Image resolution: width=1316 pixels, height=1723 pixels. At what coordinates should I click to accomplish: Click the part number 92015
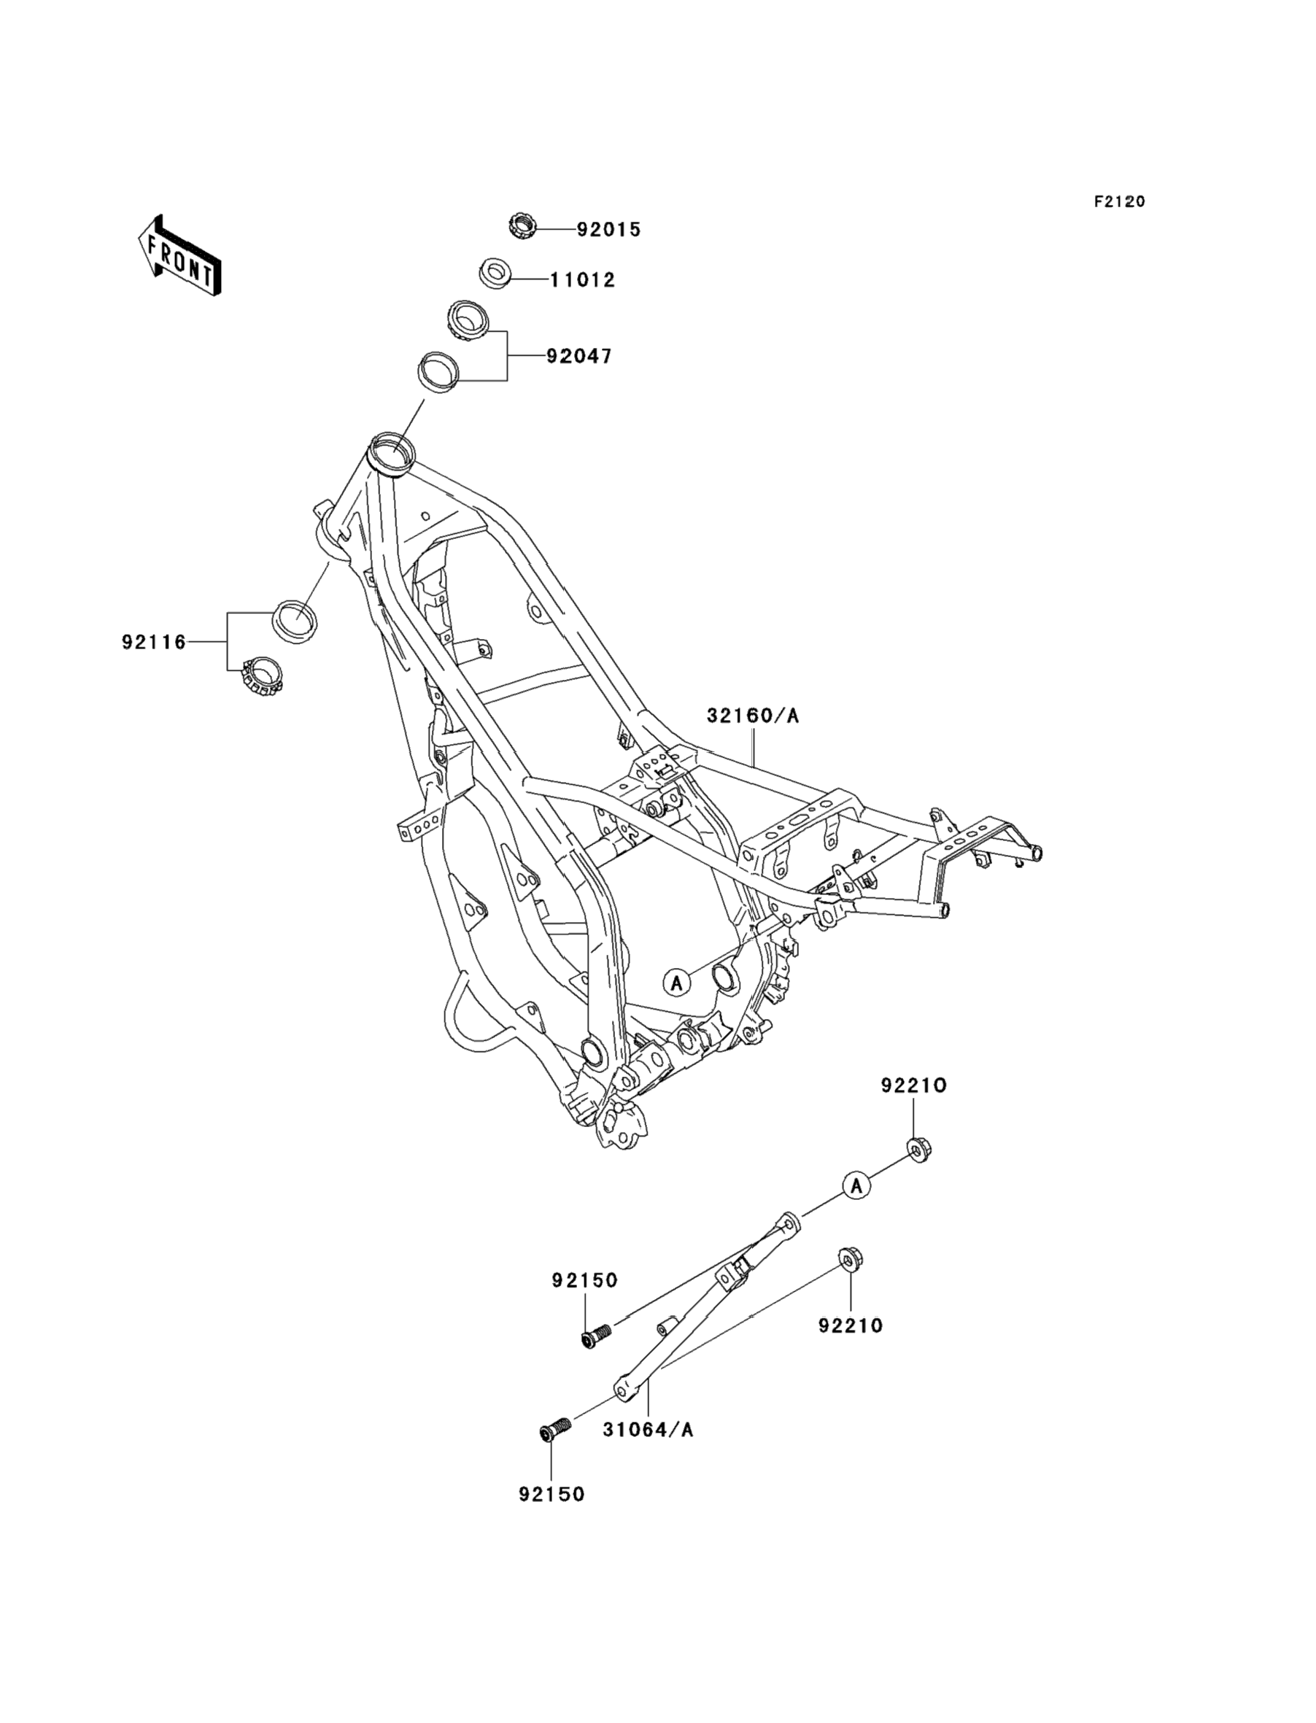coord(608,230)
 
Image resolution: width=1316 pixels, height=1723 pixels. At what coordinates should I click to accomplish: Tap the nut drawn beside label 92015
coord(521,226)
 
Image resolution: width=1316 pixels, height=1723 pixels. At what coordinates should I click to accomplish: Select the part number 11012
coord(582,279)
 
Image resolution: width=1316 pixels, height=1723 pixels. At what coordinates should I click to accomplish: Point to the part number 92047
coord(579,357)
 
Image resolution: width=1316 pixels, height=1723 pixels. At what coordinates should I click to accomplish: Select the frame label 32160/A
coord(753,716)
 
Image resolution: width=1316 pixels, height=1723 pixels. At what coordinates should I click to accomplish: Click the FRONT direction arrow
coord(180,255)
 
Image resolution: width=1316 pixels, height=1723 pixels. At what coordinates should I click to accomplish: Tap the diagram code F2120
coord(1119,202)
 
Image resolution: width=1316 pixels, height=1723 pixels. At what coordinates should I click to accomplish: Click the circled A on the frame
coord(677,981)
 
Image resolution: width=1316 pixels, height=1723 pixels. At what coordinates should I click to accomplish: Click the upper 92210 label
coord(914,1085)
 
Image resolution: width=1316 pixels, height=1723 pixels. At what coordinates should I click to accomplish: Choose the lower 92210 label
coord(851,1326)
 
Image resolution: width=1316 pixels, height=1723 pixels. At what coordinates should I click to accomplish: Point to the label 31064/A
coord(648,1429)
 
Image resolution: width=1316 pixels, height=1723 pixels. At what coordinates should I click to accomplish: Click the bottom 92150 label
coord(551,1494)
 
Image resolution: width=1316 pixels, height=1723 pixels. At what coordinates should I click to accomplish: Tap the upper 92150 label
coord(584,1280)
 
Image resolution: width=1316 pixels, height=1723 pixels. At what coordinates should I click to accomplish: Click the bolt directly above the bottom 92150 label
coord(555,1428)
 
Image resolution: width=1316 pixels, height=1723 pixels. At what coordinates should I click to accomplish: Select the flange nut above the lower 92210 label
coord(850,1259)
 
